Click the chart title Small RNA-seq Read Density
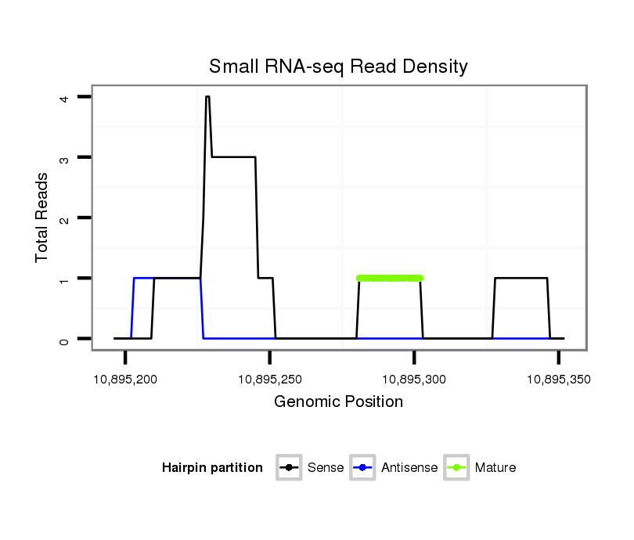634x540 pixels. coord(338,67)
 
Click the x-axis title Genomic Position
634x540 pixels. coord(338,402)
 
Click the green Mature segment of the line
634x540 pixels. coord(390,278)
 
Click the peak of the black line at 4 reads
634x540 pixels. coord(207,97)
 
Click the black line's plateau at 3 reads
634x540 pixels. coord(233,157)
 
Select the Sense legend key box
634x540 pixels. coord(289,468)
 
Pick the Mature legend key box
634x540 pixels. coord(456,468)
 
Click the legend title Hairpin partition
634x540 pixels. coord(212,468)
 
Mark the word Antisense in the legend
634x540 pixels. coord(409,468)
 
